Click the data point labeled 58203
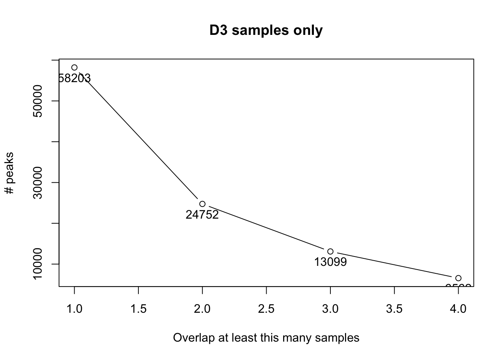tap(74, 67)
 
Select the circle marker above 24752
tap(202, 204)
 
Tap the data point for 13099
tap(330, 252)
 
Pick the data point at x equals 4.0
tap(458, 278)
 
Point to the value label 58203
tap(75, 78)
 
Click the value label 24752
tap(202, 215)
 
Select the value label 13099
tap(330, 262)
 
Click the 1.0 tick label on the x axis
tap(74, 309)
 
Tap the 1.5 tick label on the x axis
tap(138, 309)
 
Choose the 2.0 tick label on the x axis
tap(202, 309)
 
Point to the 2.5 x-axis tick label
tap(266, 309)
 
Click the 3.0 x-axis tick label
tap(330, 309)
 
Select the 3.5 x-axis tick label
tap(394, 309)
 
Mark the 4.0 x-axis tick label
tap(458, 309)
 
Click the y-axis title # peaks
tap(10, 173)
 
